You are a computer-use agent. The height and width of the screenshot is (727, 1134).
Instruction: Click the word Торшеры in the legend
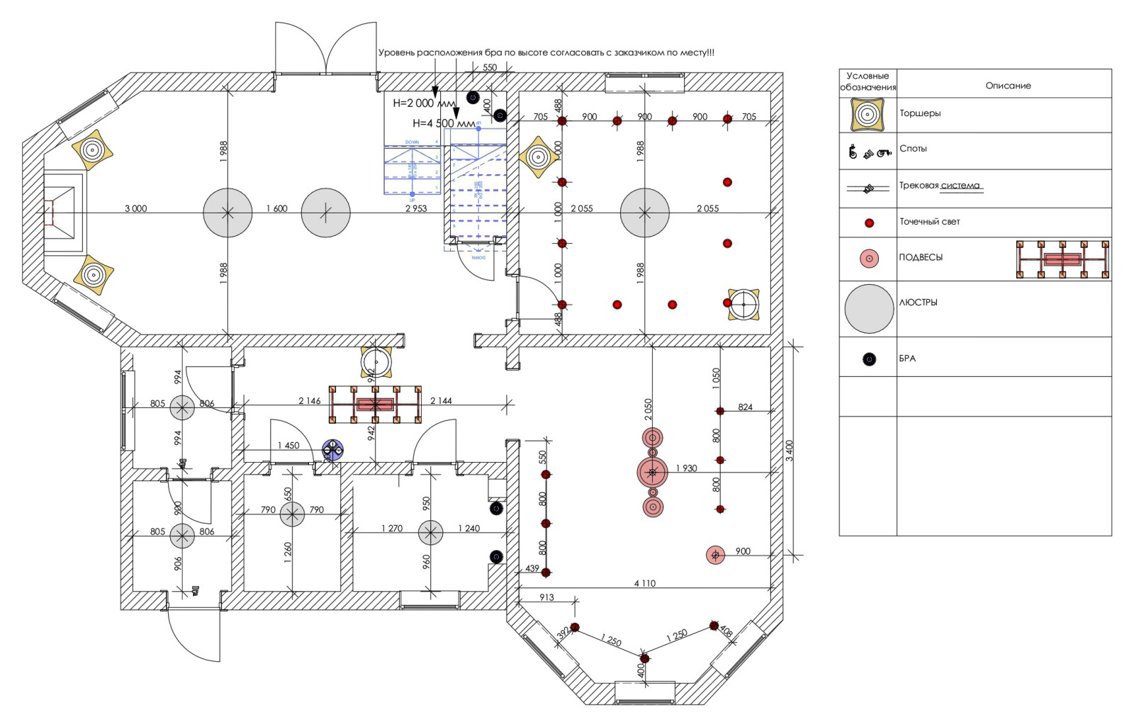(x=920, y=113)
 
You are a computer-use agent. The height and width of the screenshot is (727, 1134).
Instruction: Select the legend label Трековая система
(x=940, y=186)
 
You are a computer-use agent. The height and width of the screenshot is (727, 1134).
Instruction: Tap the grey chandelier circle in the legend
(x=869, y=309)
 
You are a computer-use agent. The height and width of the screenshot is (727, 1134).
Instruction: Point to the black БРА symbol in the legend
(x=869, y=359)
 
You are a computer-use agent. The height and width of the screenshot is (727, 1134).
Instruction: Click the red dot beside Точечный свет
(x=869, y=222)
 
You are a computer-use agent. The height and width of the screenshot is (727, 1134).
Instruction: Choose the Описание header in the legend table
(x=1008, y=86)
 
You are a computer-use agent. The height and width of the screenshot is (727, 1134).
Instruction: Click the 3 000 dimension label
(x=135, y=208)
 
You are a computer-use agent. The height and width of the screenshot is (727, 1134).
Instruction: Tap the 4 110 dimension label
(x=644, y=583)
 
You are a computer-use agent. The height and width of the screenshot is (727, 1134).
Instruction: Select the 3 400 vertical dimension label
(x=790, y=451)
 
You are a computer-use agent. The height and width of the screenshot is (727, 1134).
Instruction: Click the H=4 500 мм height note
(x=444, y=123)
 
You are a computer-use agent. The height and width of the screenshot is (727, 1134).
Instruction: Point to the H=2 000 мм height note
(x=424, y=103)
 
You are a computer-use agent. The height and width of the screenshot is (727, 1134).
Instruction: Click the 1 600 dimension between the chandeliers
(x=276, y=208)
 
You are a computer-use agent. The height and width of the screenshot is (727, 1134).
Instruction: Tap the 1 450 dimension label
(x=288, y=446)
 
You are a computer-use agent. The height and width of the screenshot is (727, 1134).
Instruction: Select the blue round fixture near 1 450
(x=332, y=449)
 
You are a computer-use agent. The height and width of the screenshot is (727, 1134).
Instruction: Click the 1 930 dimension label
(x=686, y=468)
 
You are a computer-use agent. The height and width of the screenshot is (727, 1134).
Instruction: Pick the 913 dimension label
(x=546, y=597)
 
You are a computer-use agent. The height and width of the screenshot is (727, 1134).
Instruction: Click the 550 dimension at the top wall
(x=490, y=68)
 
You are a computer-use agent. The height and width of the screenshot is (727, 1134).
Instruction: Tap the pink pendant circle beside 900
(x=715, y=555)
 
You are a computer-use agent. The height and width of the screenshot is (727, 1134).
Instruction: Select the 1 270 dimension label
(x=391, y=529)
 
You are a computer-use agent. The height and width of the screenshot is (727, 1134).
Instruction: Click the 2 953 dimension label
(x=416, y=208)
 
